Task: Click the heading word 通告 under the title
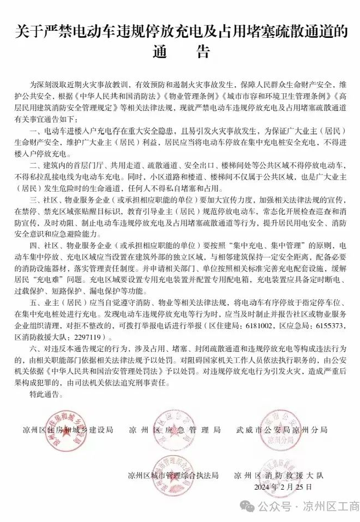(x=180, y=52)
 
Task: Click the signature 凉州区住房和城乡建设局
(x=69, y=430)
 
